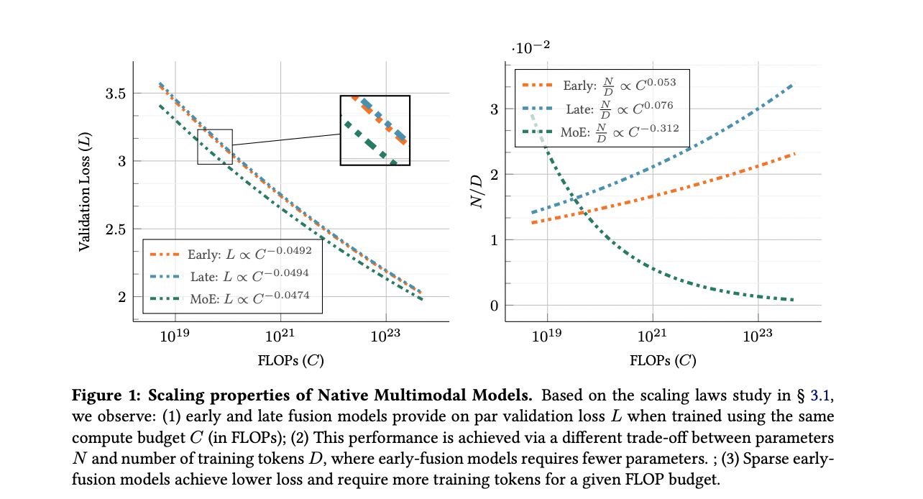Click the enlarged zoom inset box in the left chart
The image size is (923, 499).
coord(375,130)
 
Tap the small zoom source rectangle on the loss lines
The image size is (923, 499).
coord(215,147)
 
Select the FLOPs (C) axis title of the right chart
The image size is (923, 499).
coord(663,360)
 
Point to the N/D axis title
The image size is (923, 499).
coord(477,191)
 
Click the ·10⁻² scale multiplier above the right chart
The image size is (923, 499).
coord(531,49)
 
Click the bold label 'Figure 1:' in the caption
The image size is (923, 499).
coord(99,395)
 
